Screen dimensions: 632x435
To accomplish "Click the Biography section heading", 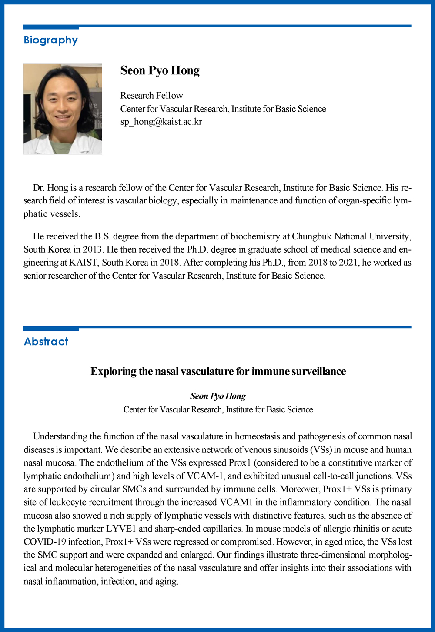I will (50, 40).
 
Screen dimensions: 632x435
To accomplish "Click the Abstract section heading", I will (46, 342).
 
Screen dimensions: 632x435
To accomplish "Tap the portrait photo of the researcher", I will (63, 109).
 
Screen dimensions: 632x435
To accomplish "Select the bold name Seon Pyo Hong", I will (160, 70).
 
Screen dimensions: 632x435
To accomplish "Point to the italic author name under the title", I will (218, 396).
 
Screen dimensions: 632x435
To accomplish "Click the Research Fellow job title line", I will (151, 96).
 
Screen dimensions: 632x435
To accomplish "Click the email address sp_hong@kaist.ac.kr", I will (161, 122).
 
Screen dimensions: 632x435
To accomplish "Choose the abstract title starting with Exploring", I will (218, 372).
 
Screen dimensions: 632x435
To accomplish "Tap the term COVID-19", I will (44, 542).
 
